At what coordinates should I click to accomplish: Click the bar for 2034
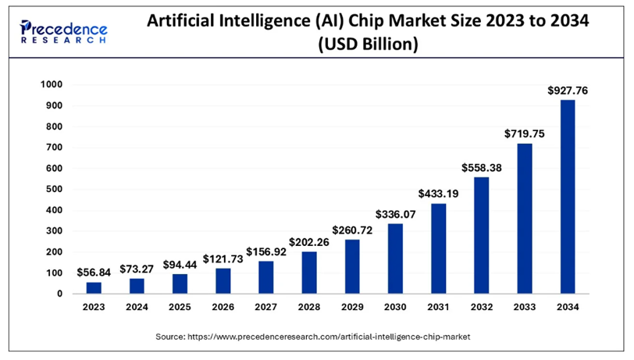[568, 197]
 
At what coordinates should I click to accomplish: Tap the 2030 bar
[395, 258]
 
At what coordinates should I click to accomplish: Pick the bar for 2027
[266, 277]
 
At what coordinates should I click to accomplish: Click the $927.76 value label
[568, 91]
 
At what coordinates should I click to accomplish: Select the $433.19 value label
[438, 194]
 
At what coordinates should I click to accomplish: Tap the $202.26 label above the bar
[309, 242]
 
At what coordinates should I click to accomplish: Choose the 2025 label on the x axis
[180, 308]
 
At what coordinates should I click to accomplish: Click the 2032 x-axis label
[482, 308]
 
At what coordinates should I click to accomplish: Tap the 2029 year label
[352, 308]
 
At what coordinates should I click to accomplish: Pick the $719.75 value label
[525, 134]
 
